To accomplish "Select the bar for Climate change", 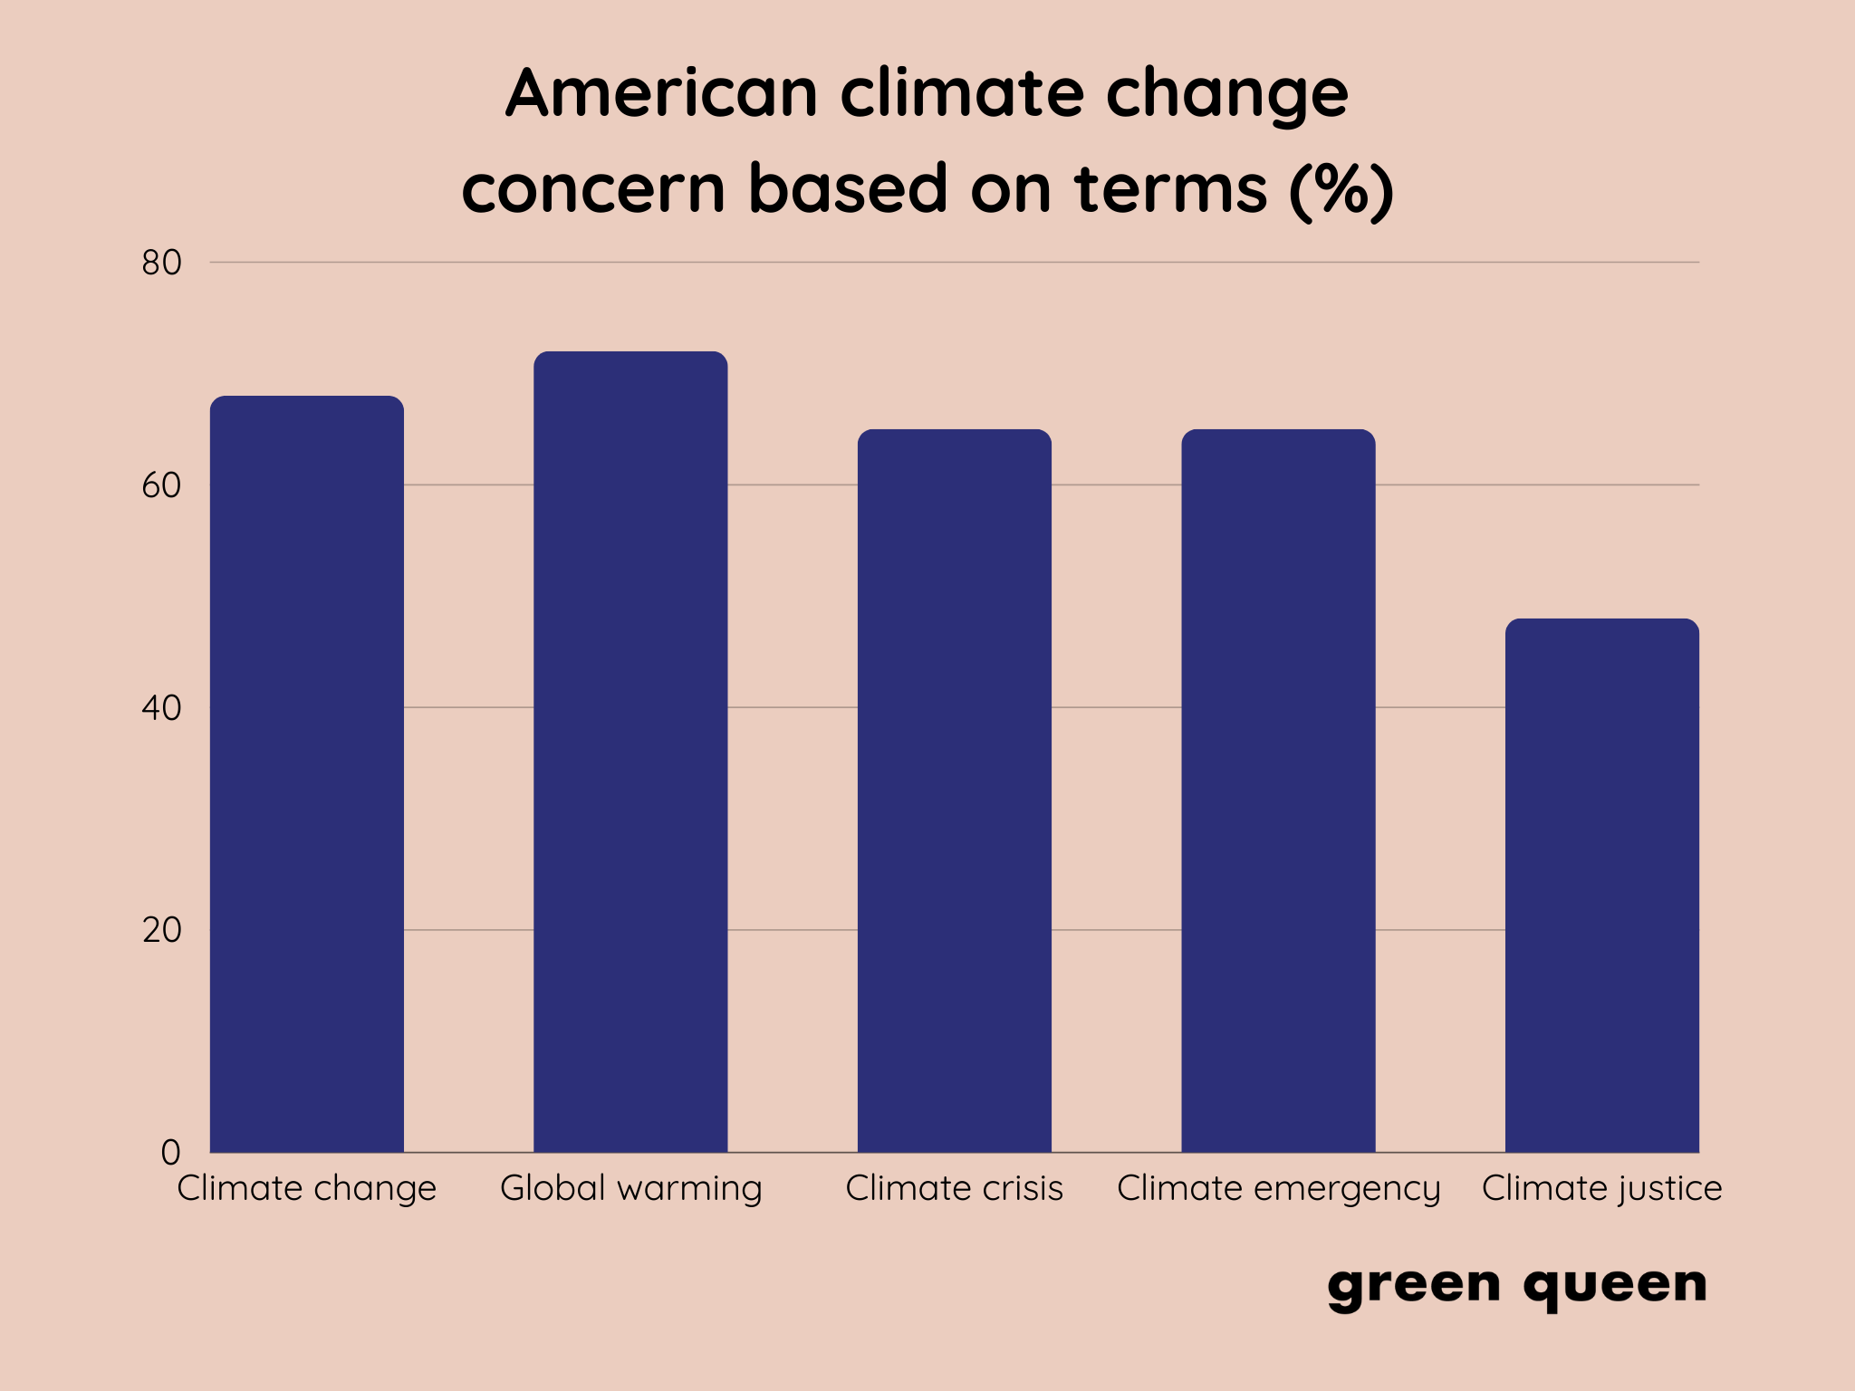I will pos(306,774).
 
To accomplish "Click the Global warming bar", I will pos(630,752).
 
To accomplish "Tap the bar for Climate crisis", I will pos(954,791).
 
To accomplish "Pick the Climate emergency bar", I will pos(1278,791).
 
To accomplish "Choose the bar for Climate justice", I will pos(1601,886).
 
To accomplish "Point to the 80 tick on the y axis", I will pos(161,263).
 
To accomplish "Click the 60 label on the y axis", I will pos(161,485).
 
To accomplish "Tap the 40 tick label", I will pos(161,708).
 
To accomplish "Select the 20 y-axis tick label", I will pos(161,930).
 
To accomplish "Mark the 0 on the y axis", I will pos(170,1153).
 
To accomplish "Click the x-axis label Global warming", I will pos(630,1188).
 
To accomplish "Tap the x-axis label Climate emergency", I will pos(1278,1188).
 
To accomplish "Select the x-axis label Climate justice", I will pos(1601,1188).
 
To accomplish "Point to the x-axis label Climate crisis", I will pos(954,1188).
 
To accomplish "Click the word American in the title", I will pos(662,93).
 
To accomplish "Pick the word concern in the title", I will pos(593,189).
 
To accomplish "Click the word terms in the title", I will pos(1170,189).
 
